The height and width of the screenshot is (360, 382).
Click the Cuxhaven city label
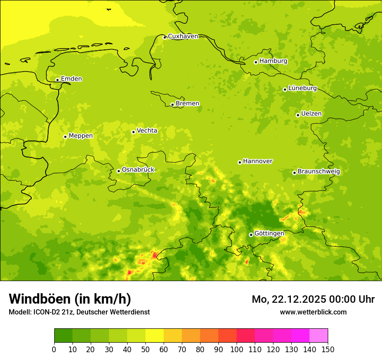(183, 36)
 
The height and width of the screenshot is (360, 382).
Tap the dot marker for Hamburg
(256, 62)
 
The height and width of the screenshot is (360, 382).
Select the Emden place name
(71, 79)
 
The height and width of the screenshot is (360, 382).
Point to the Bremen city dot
(172, 105)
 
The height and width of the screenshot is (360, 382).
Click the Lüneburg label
(303, 88)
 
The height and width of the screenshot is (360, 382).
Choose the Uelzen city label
(311, 114)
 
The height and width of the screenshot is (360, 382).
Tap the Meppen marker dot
(65, 137)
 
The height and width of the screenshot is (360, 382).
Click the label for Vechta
(147, 131)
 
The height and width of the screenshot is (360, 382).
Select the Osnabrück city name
(138, 170)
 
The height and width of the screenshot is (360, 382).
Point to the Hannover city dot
(240, 163)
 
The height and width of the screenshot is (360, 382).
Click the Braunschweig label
(319, 171)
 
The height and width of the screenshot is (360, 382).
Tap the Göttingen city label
(269, 233)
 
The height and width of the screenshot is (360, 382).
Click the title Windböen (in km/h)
(70, 299)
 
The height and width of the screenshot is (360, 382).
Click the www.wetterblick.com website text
(313, 312)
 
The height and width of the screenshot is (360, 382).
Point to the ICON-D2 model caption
(79, 312)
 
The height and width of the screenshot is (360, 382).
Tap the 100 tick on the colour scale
(237, 349)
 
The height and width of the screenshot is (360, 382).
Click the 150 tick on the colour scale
(328, 349)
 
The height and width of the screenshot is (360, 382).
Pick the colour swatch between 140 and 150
(319, 336)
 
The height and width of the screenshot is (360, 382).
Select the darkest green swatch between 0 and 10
(63, 336)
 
